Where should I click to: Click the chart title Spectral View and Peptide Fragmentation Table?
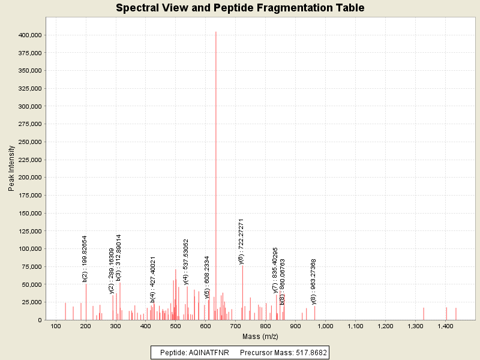click(x=240, y=8)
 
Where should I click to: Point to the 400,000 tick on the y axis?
click(x=29, y=35)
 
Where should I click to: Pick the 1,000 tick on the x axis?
click(x=325, y=326)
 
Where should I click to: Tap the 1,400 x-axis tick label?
click(x=445, y=326)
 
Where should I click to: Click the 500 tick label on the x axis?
click(x=176, y=326)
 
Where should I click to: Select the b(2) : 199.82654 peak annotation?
click(x=85, y=259)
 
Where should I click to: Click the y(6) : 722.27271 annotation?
click(x=241, y=241)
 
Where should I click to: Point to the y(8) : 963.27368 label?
click(x=314, y=281)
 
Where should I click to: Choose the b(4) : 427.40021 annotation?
click(x=153, y=279)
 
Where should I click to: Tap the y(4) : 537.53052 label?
click(x=186, y=262)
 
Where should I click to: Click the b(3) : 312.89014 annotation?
click(x=119, y=257)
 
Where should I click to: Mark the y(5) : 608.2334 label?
click(x=207, y=277)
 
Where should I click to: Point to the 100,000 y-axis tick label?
click(x=29, y=248)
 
